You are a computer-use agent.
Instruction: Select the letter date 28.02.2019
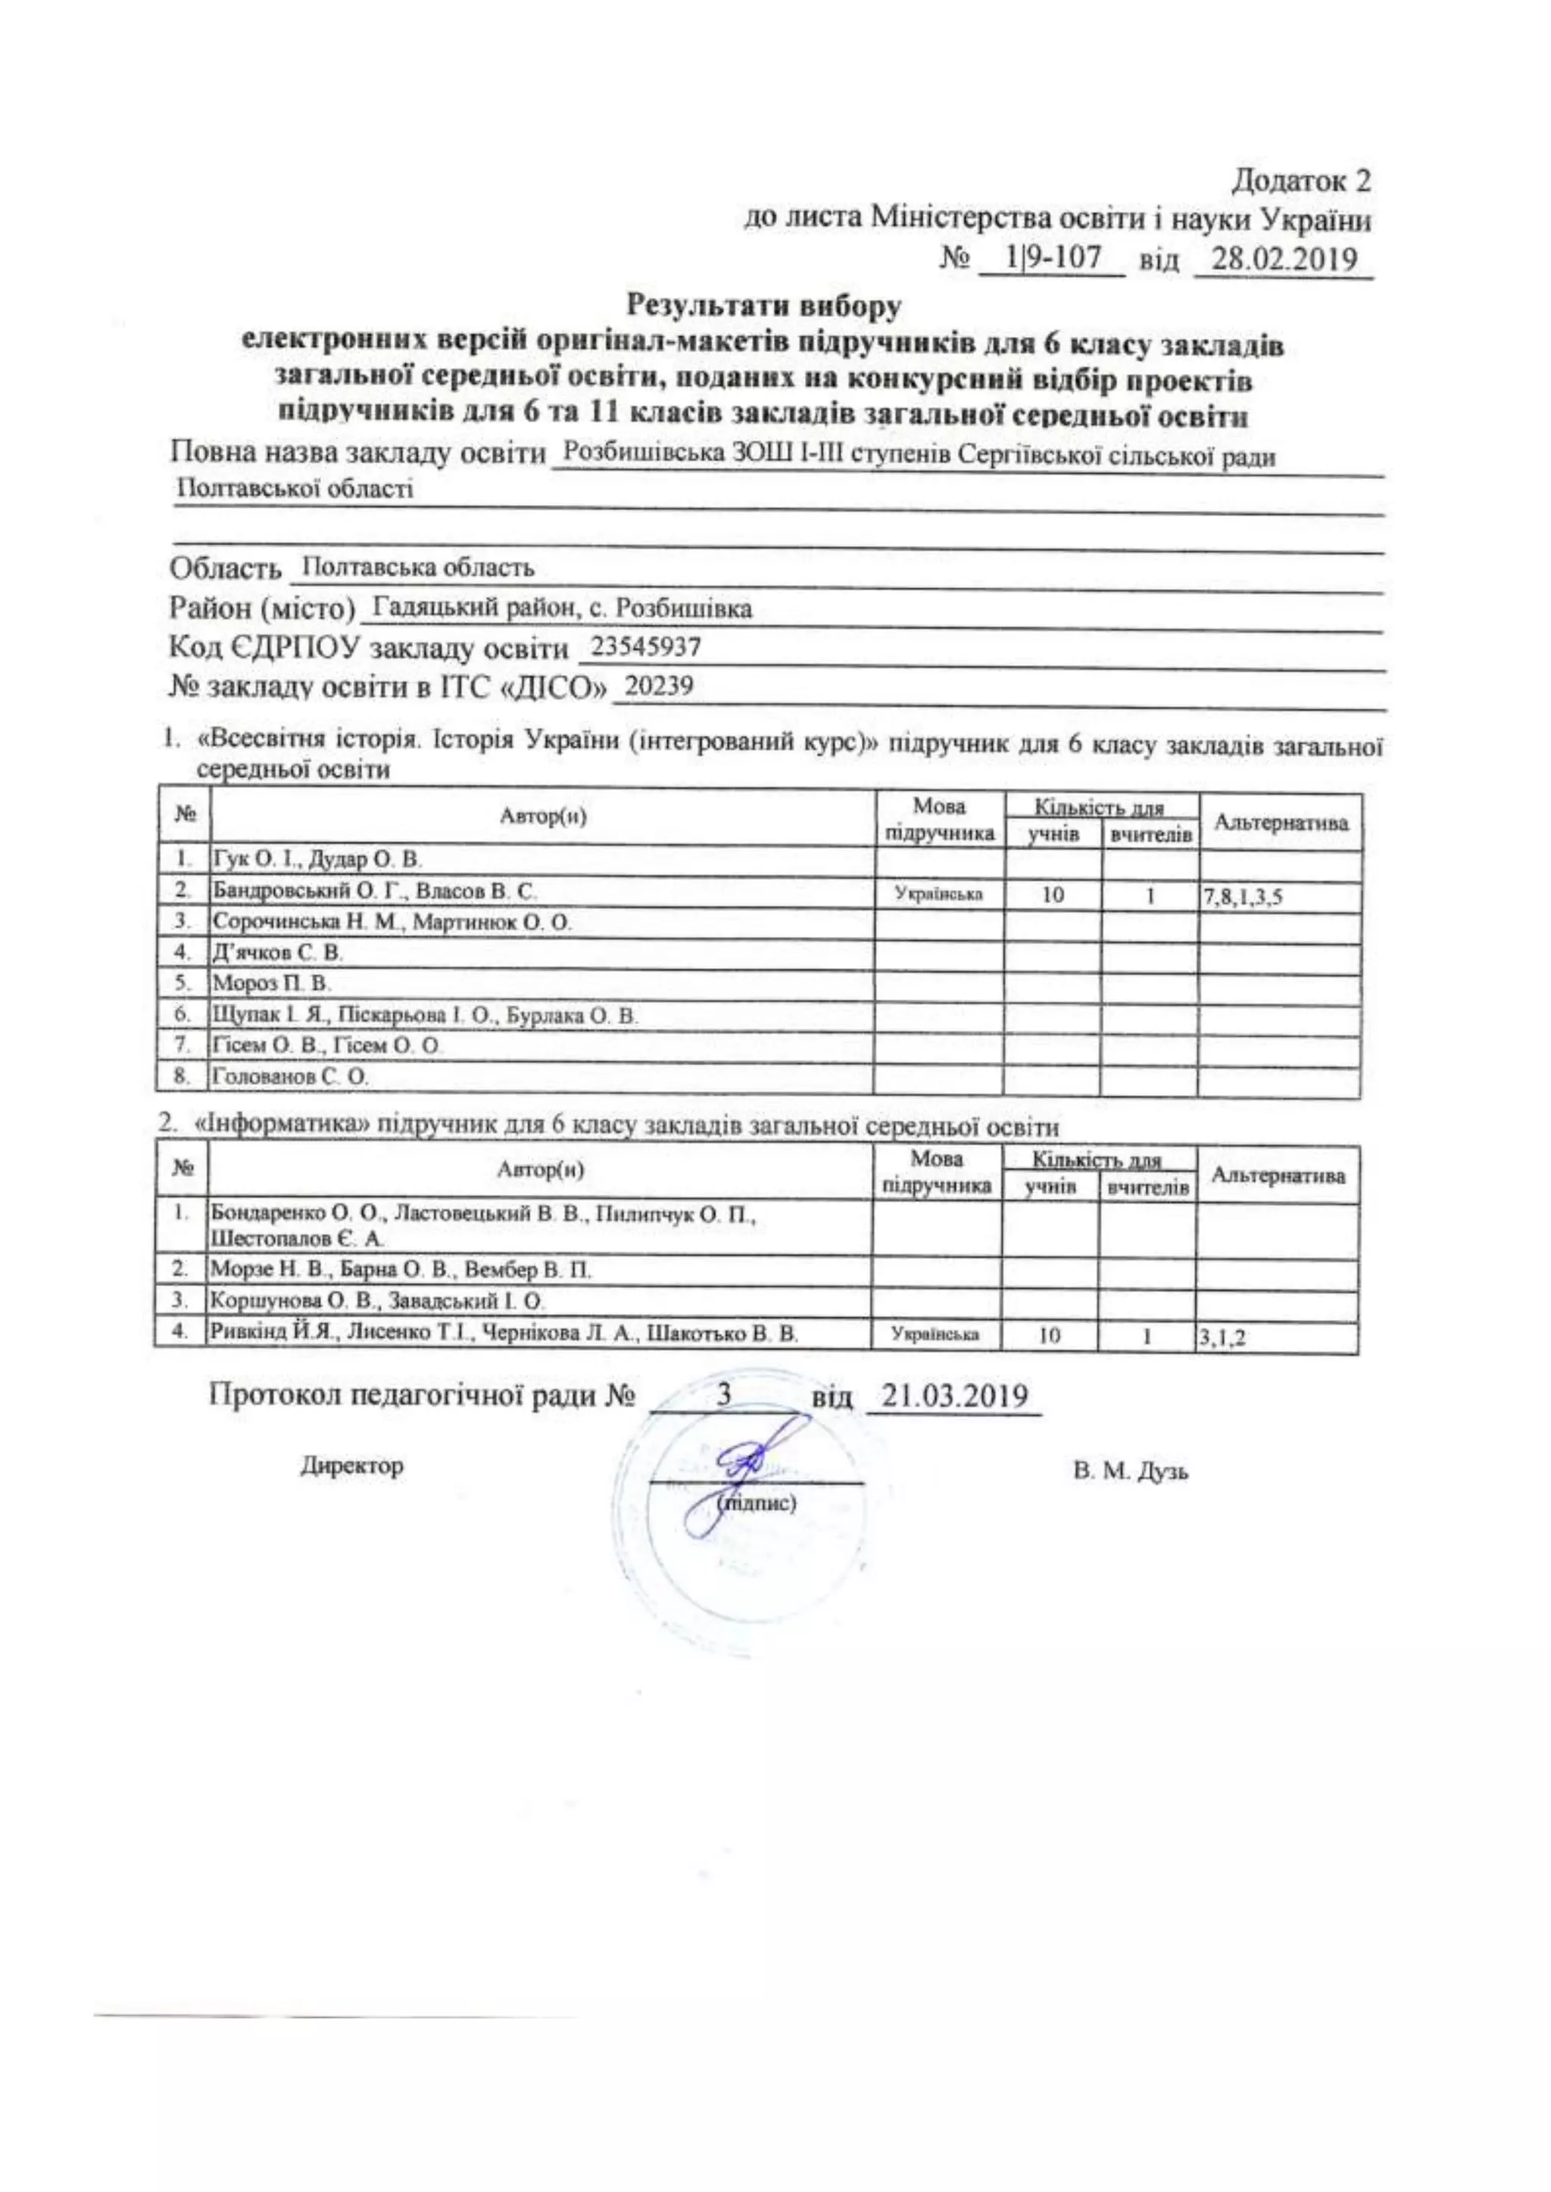pyautogui.click(x=1283, y=259)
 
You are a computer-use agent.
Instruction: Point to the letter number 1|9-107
pyautogui.click(x=1053, y=258)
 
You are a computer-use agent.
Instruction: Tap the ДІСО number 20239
pyautogui.click(x=658, y=687)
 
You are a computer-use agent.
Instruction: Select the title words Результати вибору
pyautogui.click(x=763, y=306)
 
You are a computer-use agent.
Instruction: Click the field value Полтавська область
pyautogui.click(x=417, y=568)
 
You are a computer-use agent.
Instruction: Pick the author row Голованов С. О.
pyautogui.click(x=290, y=1077)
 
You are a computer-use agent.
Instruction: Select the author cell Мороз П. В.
pyautogui.click(x=271, y=983)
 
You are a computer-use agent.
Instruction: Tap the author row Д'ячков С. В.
pyautogui.click(x=277, y=953)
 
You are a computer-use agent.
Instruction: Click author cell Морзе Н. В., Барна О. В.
pyautogui.click(x=400, y=1271)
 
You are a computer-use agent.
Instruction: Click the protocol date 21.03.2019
pyautogui.click(x=954, y=1396)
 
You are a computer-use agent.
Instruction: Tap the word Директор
pyautogui.click(x=352, y=1465)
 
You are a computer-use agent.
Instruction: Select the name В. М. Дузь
pyautogui.click(x=1131, y=1471)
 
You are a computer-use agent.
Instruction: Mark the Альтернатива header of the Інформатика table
pyautogui.click(x=1277, y=1176)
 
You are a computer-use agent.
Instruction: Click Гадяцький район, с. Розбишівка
pyautogui.click(x=562, y=608)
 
